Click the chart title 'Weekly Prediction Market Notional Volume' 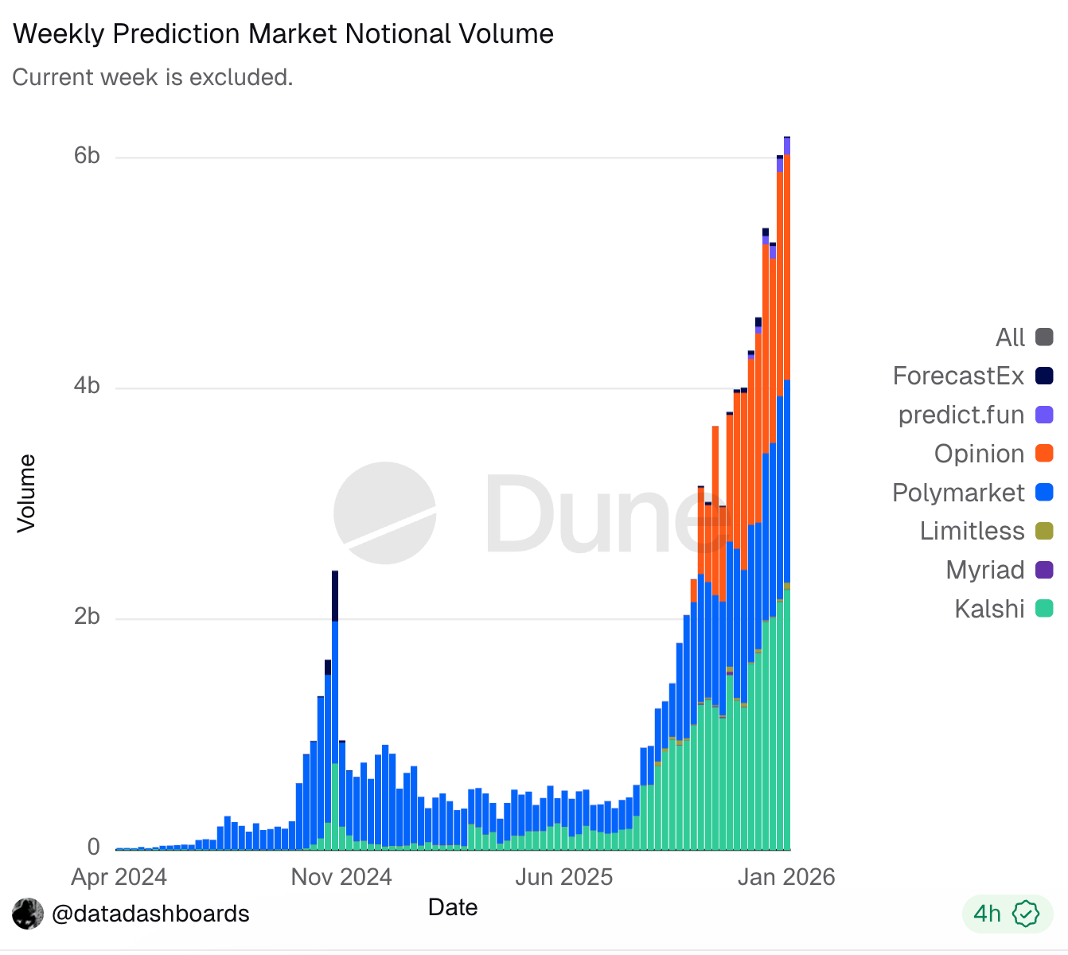click(283, 34)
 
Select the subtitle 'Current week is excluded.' click(153, 77)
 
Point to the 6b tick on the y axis click(87, 156)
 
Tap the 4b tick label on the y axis click(87, 386)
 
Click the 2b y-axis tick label click(87, 617)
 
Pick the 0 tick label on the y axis click(94, 847)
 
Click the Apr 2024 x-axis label click(119, 877)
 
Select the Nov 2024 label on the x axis click(341, 877)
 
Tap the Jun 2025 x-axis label click(564, 877)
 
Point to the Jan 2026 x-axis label click(786, 877)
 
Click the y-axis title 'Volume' click(27, 493)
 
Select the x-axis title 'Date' click(453, 907)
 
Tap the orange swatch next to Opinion click(1044, 454)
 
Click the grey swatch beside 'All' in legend click(1044, 337)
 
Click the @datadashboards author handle click(150, 914)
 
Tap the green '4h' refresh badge click(1007, 914)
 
